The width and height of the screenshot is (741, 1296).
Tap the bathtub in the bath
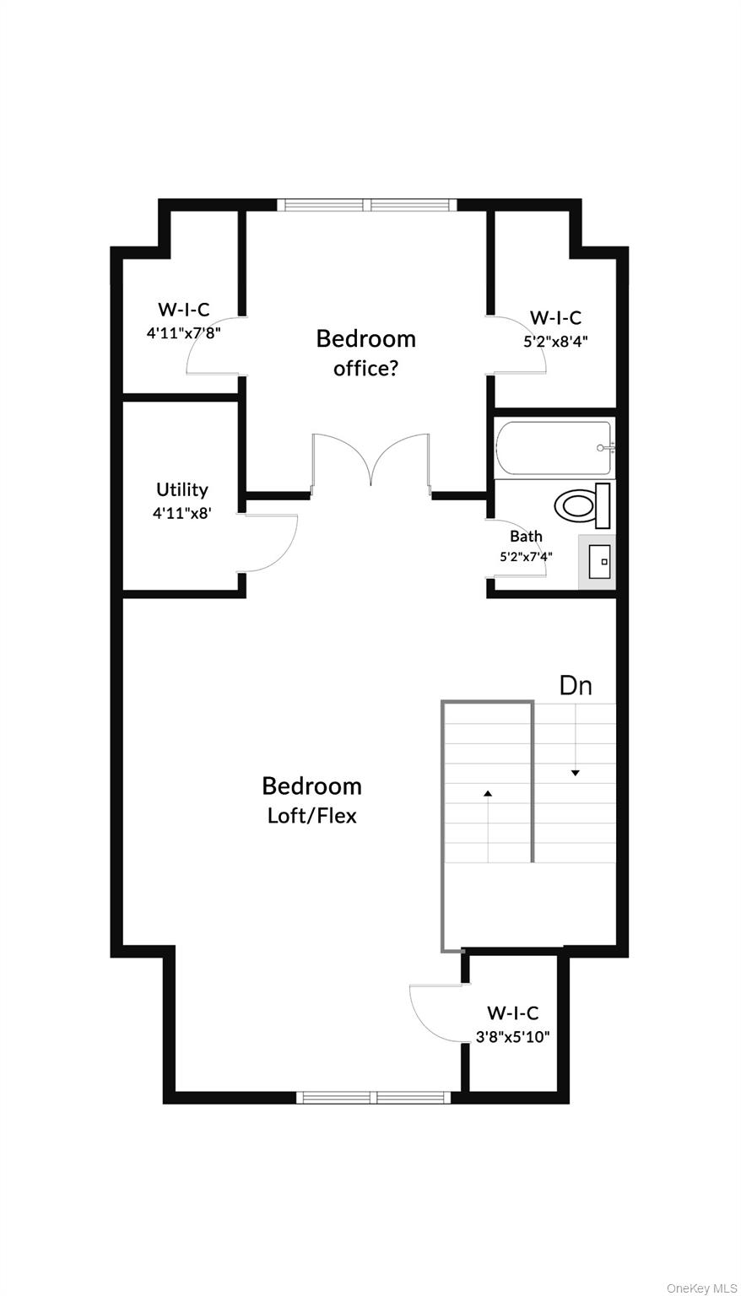point(554,449)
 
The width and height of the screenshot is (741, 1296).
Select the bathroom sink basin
point(599,561)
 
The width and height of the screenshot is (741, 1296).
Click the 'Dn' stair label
point(576,686)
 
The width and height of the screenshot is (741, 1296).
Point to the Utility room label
point(181,489)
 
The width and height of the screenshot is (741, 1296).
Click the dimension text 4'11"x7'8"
point(183,333)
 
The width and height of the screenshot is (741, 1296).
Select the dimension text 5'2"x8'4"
point(555,342)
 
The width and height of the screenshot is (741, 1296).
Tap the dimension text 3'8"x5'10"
point(512,1036)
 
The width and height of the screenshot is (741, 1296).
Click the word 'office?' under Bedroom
point(366,369)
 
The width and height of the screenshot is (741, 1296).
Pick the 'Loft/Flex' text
point(312,816)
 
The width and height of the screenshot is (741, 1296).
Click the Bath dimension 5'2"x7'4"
point(527,557)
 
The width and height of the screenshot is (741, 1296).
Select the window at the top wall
point(367,205)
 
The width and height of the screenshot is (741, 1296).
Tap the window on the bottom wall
point(374,1097)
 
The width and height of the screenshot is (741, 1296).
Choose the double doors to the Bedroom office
point(370,463)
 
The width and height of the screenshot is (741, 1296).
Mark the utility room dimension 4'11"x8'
point(181,513)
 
